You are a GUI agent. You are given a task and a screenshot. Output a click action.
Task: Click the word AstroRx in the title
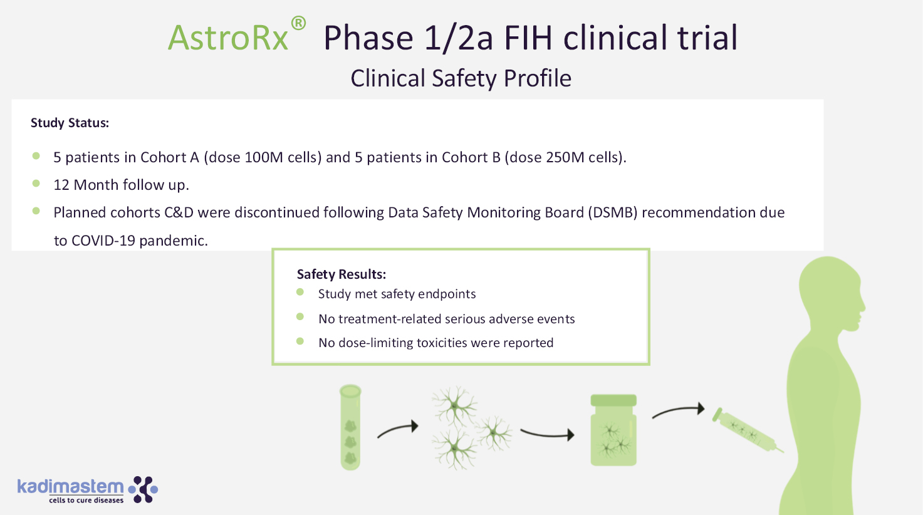tap(228, 38)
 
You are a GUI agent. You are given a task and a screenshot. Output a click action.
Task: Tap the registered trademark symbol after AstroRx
tap(298, 23)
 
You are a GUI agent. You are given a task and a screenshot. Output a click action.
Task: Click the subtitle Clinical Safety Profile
tap(461, 78)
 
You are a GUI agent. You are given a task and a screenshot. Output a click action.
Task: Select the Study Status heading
tap(70, 123)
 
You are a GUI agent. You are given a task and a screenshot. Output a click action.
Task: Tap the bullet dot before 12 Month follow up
tap(36, 184)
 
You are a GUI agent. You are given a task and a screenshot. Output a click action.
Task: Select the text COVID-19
tap(103, 241)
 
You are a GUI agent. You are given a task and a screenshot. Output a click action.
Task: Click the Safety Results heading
tap(341, 274)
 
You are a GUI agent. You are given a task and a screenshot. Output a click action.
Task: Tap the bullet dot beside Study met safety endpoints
tap(300, 292)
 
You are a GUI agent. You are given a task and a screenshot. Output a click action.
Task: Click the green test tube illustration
tap(350, 427)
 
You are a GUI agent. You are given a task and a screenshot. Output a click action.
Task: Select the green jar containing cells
tap(613, 430)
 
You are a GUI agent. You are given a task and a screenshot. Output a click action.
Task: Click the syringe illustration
tap(748, 430)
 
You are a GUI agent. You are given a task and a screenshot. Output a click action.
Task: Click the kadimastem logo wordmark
tap(70, 487)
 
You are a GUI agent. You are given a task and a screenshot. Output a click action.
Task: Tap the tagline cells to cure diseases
tap(86, 500)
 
